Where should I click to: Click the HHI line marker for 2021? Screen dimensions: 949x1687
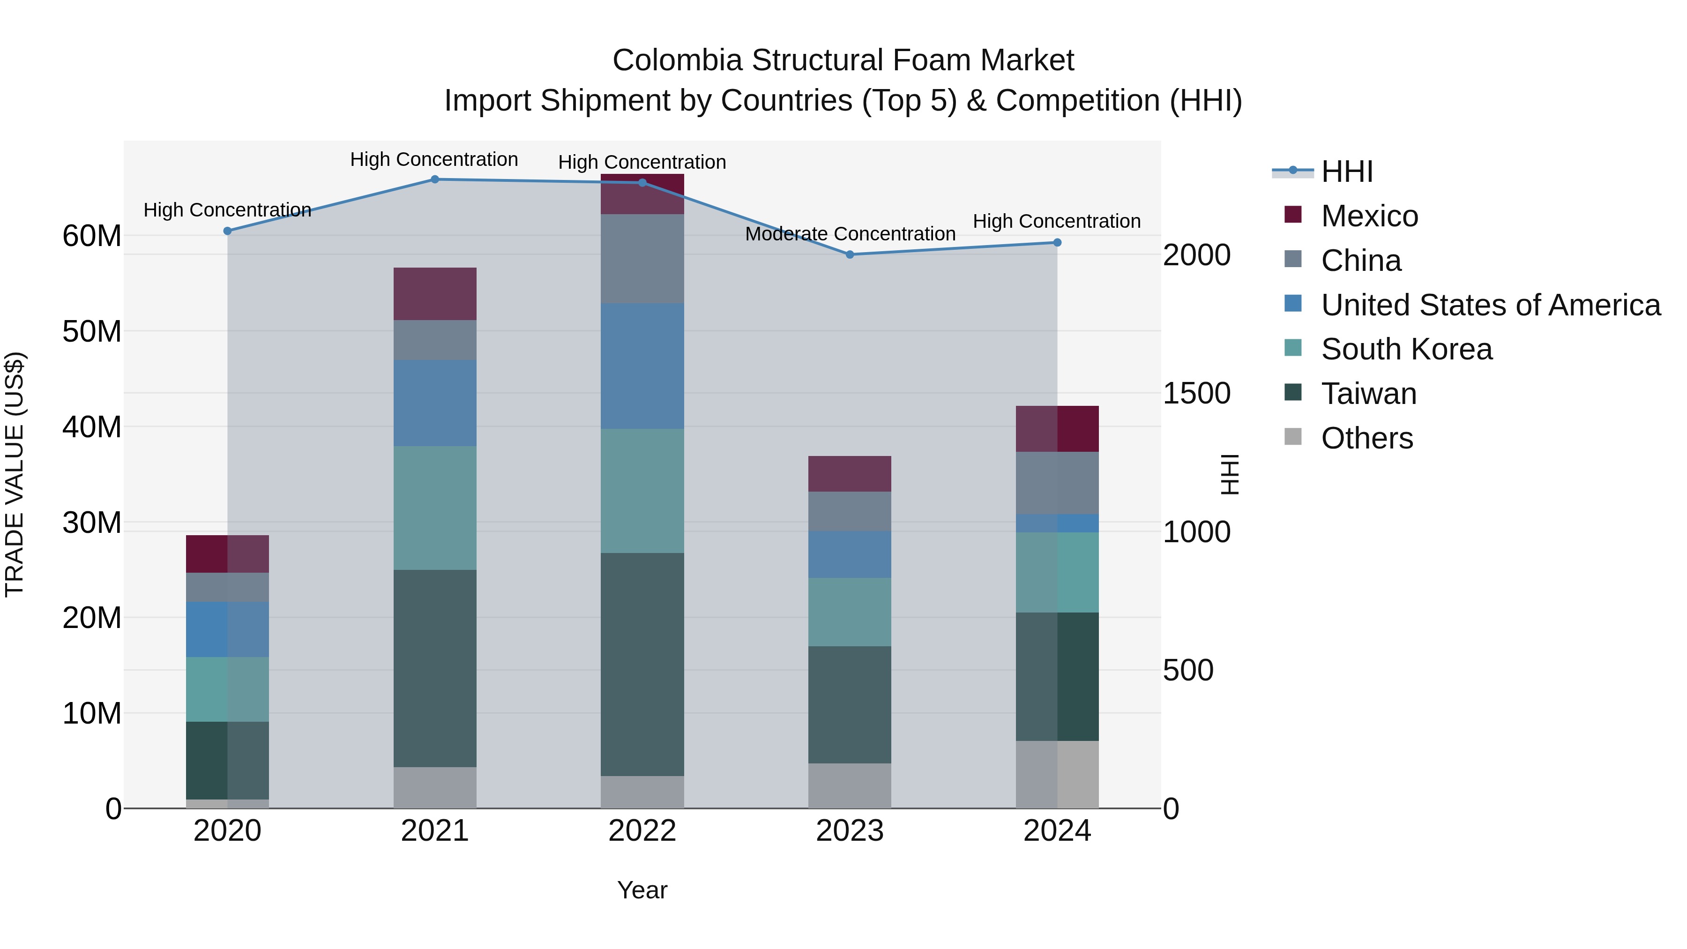[435, 179]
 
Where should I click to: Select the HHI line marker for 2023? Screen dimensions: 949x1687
[850, 255]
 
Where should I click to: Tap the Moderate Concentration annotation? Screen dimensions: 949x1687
[850, 234]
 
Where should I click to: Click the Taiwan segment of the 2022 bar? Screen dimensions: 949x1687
[642, 664]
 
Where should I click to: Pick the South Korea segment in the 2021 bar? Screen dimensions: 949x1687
[435, 508]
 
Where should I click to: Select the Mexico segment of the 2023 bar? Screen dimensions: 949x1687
[850, 473]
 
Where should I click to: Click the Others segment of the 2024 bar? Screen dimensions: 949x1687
[1057, 774]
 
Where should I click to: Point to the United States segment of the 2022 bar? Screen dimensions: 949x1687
[642, 366]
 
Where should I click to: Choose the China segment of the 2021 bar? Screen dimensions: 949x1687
[435, 339]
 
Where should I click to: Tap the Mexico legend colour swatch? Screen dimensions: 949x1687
[1293, 215]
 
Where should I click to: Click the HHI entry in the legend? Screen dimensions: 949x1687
[1346, 172]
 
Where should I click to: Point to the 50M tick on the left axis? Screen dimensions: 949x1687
[92, 331]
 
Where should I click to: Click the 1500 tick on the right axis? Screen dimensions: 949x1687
[1196, 394]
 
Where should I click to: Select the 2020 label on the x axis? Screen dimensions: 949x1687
[227, 831]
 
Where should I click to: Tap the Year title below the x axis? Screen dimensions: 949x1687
[642, 890]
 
